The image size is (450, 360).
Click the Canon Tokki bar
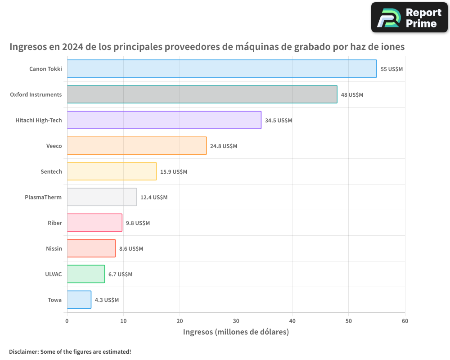click(222, 69)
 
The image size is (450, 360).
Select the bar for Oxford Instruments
click(202, 94)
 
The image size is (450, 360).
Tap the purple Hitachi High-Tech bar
click(164, 120)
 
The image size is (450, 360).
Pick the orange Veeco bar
click(137, 146)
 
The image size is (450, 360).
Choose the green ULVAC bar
click(86, 274)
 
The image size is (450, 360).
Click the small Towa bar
click(79, 300)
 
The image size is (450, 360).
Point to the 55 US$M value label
click(391, 69)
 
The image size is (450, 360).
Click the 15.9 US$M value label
click(174, 172)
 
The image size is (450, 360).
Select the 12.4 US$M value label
click(154, 198)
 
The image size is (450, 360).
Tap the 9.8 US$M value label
click(138, 223)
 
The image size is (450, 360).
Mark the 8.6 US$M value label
click(131, 249)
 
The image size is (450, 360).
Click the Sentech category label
click(51, 171)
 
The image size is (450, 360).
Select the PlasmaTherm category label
click(43, 197)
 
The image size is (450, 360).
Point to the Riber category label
click(55, 223)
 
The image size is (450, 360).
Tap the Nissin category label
click(54, 248)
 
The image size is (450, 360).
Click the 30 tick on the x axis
click(236, 321)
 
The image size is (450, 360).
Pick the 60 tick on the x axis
click(405, 321)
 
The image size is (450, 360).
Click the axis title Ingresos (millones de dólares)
click(236, 332)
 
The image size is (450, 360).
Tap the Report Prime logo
click(409, 18)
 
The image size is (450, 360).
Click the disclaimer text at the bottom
click(70, 352)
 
